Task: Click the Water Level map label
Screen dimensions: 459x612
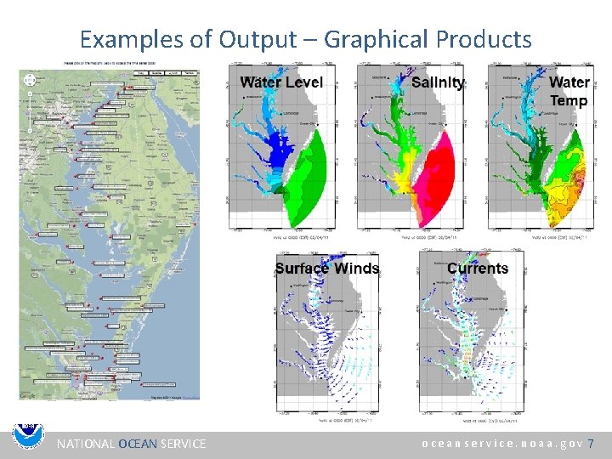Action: [281, 82]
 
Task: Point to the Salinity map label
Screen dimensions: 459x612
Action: [438, 82]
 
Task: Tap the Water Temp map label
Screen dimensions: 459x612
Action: [569, 91]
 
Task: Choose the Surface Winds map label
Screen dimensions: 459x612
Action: [327, 269]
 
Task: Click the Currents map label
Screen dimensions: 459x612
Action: [478, 269]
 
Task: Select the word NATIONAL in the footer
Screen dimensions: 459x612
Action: [85, 444]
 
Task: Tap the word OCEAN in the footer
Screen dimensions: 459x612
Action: [138, 444]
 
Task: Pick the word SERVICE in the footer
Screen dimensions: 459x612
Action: [183, 444]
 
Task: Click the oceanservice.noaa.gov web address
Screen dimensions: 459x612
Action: [501, 444]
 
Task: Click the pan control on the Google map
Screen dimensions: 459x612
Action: [30, 79]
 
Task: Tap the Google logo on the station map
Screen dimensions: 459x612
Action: [28, 395]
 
